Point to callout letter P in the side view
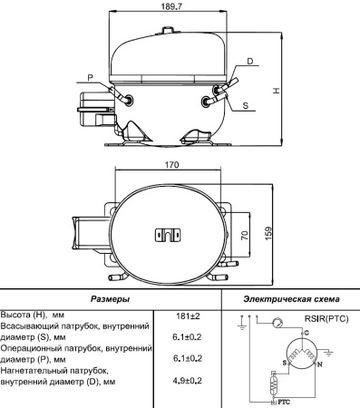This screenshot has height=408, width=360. click(91, 75)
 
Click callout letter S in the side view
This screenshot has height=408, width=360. click(246, 105)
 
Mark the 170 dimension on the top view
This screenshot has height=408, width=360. click(170, 166)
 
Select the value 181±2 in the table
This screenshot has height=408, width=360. click(187, 315)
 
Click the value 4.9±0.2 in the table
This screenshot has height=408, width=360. click(187, 380)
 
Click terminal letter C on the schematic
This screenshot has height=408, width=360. click(305, 334)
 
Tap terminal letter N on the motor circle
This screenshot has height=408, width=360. click(317, 364)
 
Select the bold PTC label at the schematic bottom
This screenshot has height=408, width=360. click(283, 400)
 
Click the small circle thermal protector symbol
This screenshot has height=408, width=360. click(278, 322)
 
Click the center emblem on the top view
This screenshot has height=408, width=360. click(170, 234)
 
